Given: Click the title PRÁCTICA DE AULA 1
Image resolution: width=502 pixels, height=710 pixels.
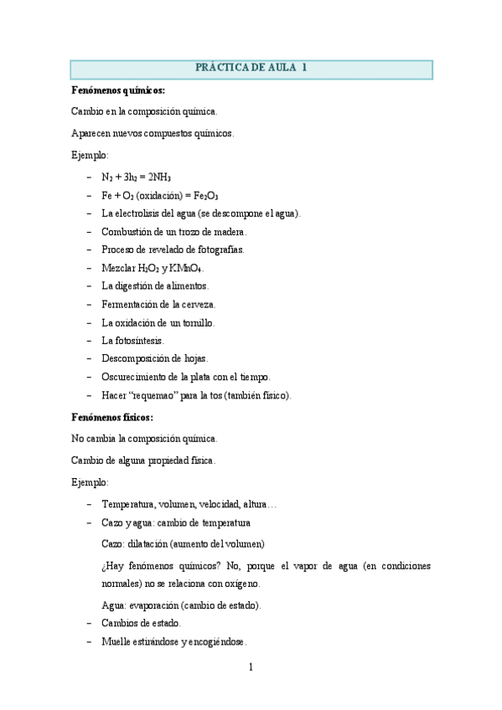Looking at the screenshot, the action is pos(251,68).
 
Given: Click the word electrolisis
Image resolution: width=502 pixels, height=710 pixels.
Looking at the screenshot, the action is pos(142,214).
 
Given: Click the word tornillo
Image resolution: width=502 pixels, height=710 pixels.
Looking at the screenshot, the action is pos(194,322).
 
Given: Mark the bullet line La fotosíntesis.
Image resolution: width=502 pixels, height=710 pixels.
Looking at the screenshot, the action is pos(132,341).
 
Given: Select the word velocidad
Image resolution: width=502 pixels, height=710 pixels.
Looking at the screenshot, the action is pos(218,504).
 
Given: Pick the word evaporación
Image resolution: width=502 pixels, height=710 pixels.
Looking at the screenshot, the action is pos(153,605).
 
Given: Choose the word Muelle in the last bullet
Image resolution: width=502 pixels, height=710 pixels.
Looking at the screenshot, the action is pos(116,642).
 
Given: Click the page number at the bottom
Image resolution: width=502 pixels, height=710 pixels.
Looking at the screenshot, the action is pos(250,667).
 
